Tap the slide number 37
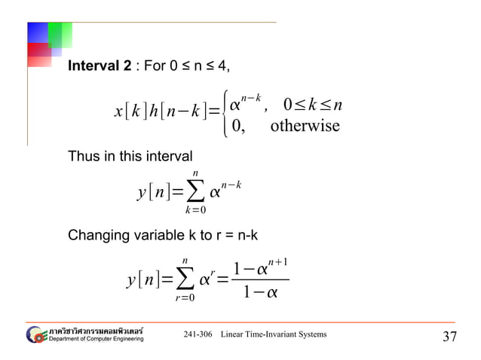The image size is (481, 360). pos(449,336)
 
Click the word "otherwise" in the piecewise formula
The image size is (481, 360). pos(305,126)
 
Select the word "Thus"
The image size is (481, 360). pos(82,157)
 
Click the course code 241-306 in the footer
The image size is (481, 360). pos(198,334)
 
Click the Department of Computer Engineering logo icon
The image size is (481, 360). pos(35,334)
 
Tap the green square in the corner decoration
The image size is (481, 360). pos(60,34)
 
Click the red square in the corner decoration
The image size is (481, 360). pos(38,55)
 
